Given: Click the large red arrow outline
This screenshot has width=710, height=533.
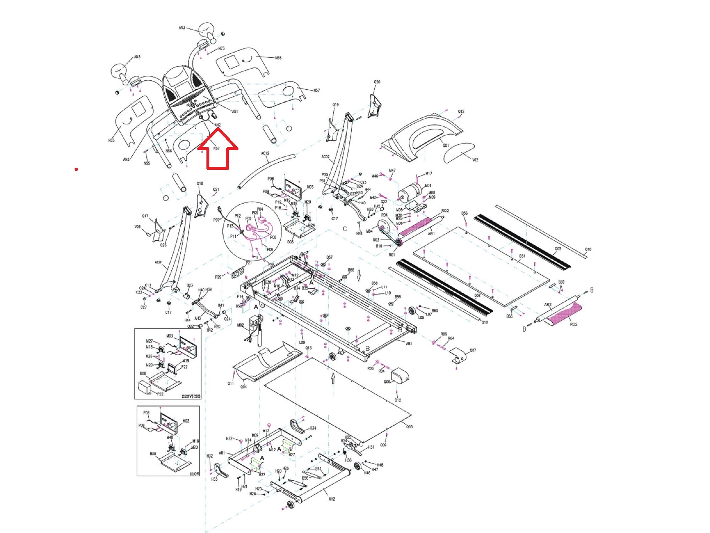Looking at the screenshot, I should pos(217,149).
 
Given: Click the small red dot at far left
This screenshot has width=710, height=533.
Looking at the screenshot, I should pos(76,169).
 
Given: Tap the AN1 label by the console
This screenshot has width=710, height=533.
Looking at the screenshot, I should pos(235,112).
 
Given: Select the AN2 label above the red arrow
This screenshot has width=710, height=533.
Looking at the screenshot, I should pos(217,125).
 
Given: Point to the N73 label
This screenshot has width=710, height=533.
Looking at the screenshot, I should pos(221,49).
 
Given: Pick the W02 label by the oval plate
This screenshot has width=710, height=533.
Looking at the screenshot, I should pos(475,160).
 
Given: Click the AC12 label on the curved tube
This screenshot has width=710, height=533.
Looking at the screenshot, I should pos(265,154).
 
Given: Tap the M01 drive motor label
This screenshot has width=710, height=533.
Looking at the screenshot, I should pos(428,186).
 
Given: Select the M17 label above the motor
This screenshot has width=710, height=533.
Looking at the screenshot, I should pos(429,174).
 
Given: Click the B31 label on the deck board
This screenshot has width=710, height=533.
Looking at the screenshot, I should pos(522,256).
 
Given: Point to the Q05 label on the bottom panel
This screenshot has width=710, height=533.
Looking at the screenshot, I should pos(409,427).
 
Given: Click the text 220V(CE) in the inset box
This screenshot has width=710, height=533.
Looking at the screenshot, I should pos(191,396).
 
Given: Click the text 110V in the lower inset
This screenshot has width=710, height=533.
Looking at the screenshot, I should pos(194,474).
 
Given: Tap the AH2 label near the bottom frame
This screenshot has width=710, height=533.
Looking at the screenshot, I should pos(332,499).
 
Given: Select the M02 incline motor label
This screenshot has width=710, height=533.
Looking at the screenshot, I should pos(241,325).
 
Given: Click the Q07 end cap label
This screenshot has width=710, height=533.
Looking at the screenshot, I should pos(473,350).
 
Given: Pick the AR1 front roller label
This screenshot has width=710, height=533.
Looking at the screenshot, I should pos(431,234).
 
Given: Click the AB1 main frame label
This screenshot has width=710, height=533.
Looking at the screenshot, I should pos(409,344).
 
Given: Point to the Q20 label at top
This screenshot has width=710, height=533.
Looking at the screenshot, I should pos(377,82).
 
